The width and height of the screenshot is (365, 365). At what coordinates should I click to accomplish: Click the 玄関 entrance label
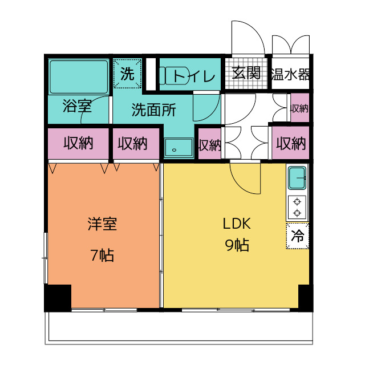(246, 73)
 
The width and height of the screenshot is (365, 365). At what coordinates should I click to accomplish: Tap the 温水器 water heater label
(290, 74)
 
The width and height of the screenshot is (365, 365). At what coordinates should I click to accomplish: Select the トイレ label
(194, 76)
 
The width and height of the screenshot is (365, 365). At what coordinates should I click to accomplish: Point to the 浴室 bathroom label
(78, 106)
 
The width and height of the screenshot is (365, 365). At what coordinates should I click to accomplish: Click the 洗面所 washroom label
(154, 109)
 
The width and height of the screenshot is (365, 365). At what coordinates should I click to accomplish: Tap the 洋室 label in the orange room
(103, 224)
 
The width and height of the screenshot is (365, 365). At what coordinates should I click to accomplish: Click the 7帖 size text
(103, 255)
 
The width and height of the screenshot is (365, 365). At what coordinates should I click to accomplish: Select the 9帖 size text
(237, 245)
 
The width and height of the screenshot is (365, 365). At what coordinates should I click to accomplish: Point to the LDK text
(237, 224)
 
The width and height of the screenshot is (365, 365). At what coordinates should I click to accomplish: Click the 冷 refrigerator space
(298, 236)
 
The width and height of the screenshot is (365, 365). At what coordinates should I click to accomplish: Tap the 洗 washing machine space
(127, 74)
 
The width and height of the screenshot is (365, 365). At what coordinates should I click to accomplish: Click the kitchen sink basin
(297, 178)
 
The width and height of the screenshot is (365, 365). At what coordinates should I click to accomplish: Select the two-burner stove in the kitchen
(297, 208)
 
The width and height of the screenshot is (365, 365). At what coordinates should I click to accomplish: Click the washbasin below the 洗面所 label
(179, 147)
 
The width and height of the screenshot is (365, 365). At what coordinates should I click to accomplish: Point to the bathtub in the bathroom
(79, 77)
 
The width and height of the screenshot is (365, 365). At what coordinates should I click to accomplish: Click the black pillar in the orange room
(58, 298)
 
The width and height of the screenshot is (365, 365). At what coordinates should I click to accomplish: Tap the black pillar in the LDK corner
(306, 298)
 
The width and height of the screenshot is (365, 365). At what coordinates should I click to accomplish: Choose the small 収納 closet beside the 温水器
(300, 108)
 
